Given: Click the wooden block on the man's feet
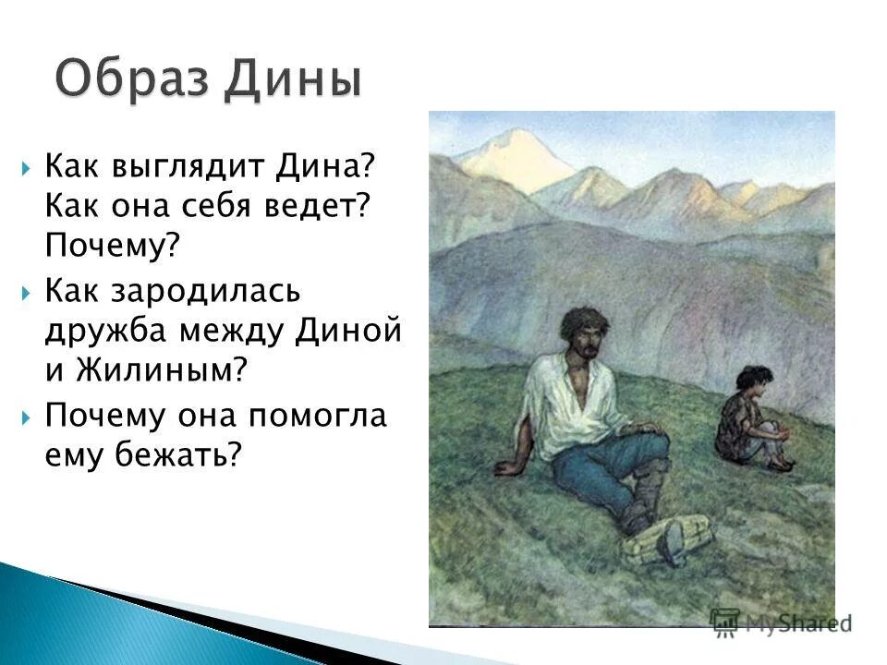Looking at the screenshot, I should [x=668, y=538].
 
